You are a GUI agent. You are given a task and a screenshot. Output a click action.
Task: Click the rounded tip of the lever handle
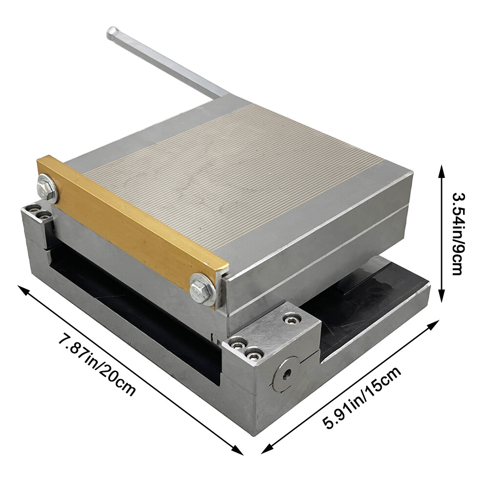point(111,32)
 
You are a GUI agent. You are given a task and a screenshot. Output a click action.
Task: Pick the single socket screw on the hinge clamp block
point(292,319)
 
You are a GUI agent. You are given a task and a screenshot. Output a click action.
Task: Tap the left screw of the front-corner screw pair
point(239,344)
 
